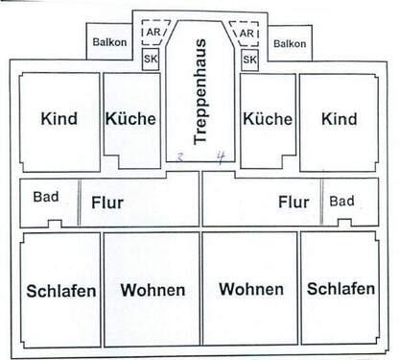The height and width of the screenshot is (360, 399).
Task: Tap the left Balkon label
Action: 109,42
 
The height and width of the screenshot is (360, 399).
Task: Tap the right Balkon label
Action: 289,43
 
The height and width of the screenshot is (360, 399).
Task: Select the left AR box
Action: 151,32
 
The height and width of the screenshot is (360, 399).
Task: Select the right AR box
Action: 247,32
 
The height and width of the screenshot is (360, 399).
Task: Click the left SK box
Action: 151,60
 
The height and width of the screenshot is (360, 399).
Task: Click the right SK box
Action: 249,60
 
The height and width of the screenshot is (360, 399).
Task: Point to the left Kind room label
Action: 59,120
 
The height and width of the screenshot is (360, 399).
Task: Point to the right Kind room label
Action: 339,120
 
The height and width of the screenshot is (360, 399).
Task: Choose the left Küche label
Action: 131,120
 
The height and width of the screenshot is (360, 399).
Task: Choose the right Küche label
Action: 268,120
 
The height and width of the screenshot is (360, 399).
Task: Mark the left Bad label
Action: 45,198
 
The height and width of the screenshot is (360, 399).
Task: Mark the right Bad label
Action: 342,202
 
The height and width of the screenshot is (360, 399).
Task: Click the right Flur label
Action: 293,203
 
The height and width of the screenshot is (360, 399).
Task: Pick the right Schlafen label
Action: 340,289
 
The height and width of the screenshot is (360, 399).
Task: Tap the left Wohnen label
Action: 152,290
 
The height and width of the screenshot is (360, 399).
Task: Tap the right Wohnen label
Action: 250,289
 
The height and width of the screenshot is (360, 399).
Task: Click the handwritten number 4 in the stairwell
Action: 221,156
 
